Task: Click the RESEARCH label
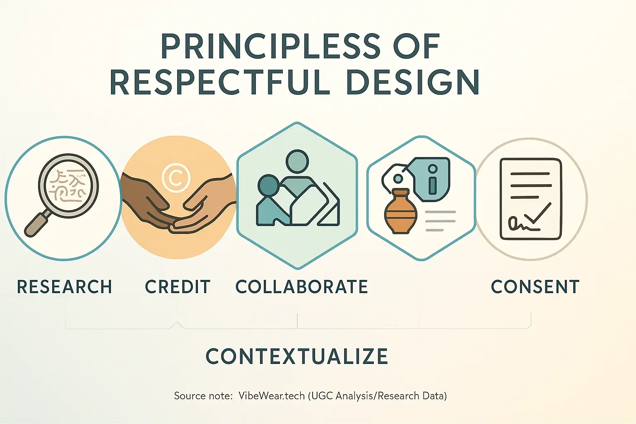(65, 287)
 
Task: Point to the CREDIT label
(178, 287)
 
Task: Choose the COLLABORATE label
(301, 287)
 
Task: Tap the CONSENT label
(535, 287)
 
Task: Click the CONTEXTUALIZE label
(297, 357)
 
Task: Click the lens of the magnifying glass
(68, 185)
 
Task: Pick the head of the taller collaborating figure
(297, 161)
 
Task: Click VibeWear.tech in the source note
(271, 396)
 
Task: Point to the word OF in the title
(416, 46)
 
